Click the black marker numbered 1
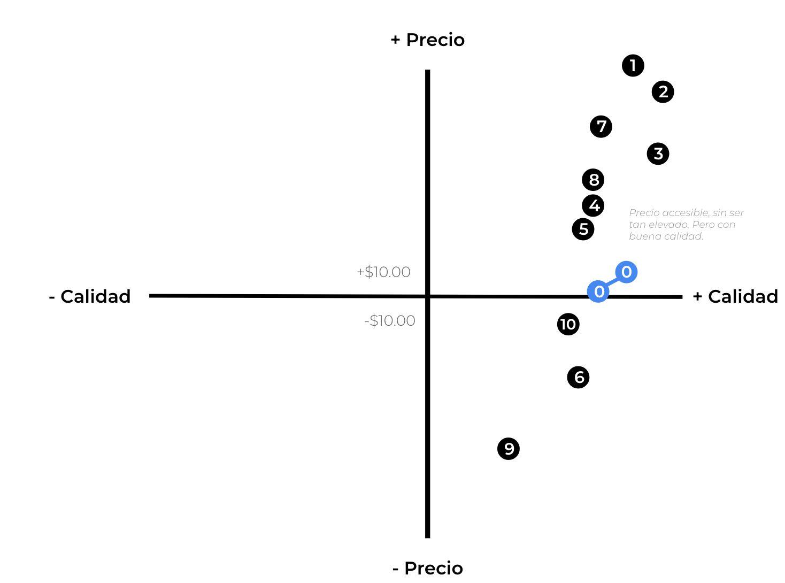pos(633,66)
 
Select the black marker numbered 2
pos(663,92)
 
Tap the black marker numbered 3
pos(658,154)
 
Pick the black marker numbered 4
pos(594,206)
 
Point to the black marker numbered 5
pos(583,229)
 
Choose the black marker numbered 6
pos(579,378)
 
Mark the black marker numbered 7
pos(601,127)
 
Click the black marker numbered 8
pos(593,180)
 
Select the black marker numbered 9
pos(509,449)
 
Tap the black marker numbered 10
pos(568,324)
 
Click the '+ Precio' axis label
pos(428,40)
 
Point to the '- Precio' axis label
pos(428,568)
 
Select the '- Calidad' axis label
pos(90,296)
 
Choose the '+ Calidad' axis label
pos(735,296)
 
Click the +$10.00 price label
pos(383,272)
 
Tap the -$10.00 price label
pos(390,321)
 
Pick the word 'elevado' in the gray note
pos(665,225)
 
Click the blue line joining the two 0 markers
pos(613,282)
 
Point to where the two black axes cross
pos(428,296)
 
